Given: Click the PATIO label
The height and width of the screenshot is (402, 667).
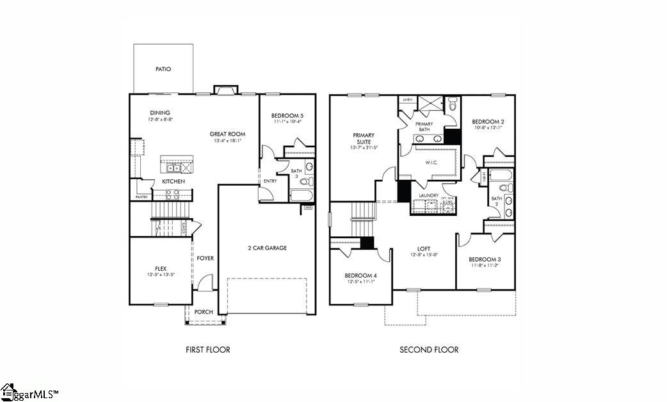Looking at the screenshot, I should pyautogui.click(x=163, y=69).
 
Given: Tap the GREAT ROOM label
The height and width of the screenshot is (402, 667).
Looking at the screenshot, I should pyautogui.click(x=227, y=134).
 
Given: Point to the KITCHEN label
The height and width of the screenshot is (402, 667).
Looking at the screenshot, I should pyautogui.click(x=173, y=182).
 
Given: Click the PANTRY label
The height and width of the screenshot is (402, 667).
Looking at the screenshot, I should pyautogui.click(x=141, y=197).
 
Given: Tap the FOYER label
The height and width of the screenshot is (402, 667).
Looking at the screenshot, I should pyautogui.click(x=205, y=258).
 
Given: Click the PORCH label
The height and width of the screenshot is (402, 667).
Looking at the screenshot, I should pyautogui.click(x=204, y=312).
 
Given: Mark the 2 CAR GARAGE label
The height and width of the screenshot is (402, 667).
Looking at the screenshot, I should pyautogui.click(x=267, y=248).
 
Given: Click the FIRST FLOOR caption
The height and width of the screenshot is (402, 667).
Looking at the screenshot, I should pyautogui.click(x=207, y=350).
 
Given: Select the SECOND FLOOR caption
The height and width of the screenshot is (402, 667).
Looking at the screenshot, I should pyautogui.click(x=429, y=350).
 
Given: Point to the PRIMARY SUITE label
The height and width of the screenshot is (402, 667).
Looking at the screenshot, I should pyautogui.click(x=364, y=138).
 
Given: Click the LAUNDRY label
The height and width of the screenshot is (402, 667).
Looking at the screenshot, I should pyautogui.click(x=428, y=195).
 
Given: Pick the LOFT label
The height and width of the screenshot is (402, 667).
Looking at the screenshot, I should pyautogui.click(x=424, y=248).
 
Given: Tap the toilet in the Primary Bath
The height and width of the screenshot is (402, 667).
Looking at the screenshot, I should pyautogui.click(x=452, y=104).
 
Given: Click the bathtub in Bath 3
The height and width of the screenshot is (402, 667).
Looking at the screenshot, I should pyautogui.click(x=301, y=195).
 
